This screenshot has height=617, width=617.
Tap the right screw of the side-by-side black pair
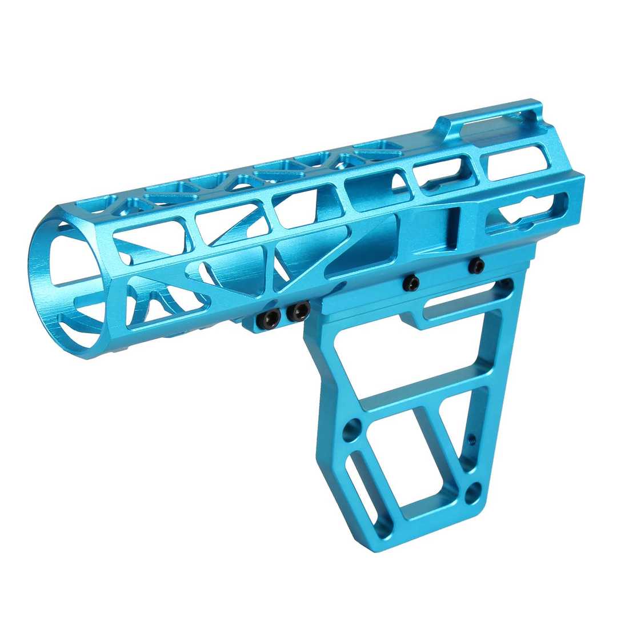[298, 311]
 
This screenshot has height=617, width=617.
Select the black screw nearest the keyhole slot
[476, 265]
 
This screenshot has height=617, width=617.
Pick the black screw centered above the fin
[410, 282]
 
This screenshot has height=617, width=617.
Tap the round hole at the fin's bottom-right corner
[473, 492]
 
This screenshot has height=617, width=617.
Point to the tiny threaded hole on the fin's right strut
[471, 439]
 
